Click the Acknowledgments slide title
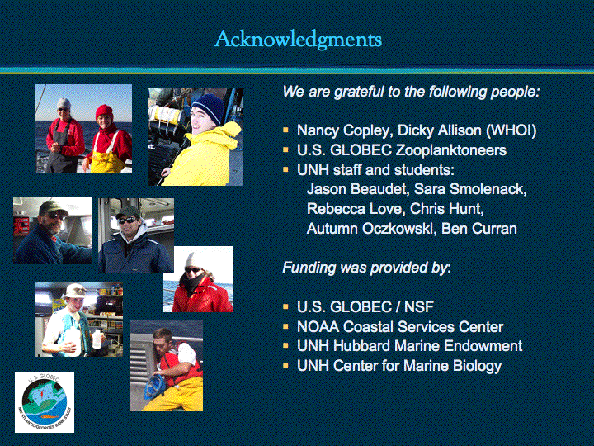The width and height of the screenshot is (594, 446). click(298, 40)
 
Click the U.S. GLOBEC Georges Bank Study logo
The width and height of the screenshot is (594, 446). click(45, 402)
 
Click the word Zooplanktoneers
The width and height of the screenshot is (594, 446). click(450, 150)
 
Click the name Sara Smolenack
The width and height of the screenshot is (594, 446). click(470, 189)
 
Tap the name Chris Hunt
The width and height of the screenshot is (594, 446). click(446, 209)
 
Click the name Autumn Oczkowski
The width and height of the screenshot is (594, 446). click(370, 229)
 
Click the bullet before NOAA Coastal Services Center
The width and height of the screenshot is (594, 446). click(285, 325)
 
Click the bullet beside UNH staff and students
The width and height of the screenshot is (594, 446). click(285, 169)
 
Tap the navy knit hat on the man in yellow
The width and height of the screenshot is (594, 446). click(209, 107)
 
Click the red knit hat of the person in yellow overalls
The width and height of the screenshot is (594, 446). click(104, 111)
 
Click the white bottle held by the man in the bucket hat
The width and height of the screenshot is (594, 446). click(97, 339)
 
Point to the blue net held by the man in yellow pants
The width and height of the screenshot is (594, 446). click(155, 387)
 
